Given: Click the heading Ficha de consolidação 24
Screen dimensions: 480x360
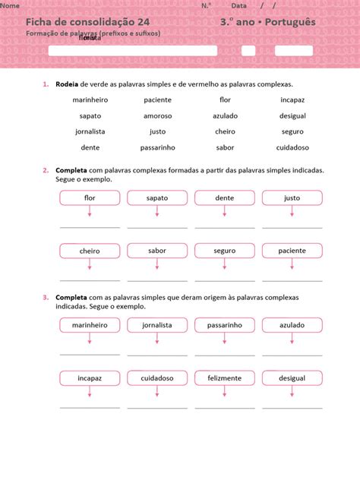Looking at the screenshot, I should pyautogui.click(x=93, y=22).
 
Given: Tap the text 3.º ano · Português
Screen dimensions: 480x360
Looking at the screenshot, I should pyautogui.click(x=267, y=22).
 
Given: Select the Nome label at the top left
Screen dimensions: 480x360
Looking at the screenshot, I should pyautogui.click(x=10, y=5).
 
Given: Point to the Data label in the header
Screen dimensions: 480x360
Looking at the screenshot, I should pyautogui.click(x=238, y=5).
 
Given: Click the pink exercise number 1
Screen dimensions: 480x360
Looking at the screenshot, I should pyautogui.click(x=46, y=84).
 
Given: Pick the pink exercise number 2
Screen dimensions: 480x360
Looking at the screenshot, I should pyautogui.click(x=46, y=170).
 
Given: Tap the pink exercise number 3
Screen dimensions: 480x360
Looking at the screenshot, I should pyautogui.click(x=46, y=298).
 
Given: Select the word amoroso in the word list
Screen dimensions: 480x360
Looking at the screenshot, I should pyautogui.click(x=157, y=116).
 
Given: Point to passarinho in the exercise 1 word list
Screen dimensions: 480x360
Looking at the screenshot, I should pyautogui.click(x=157, y=147).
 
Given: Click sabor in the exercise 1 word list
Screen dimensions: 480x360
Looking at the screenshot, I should pyautogui.click(x=225, y=147).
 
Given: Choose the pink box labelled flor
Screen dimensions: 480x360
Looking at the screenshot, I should pyautogui.click(x=90, y=198).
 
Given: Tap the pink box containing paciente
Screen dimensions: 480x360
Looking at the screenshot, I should pyautogui.click(x=292, y=251).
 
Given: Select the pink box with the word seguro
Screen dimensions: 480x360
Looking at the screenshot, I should pyautogui.click(x=225, y=251).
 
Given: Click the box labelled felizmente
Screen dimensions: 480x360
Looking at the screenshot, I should pyautogui.click(x=225, y=377).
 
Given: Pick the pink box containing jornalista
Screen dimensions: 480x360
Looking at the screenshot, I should pyautogui.click(x=157, y=325).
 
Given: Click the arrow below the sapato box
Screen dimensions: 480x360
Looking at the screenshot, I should pyautogui.click(x=157, y=213).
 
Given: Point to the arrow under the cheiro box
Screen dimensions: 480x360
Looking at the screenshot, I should pyautogui.click(x=90, y=265).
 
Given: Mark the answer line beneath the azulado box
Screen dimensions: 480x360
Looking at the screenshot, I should pyautogui.click(x=292, y=355).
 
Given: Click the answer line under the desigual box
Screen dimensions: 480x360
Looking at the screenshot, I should pyautogui.click(x=292, y=408).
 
